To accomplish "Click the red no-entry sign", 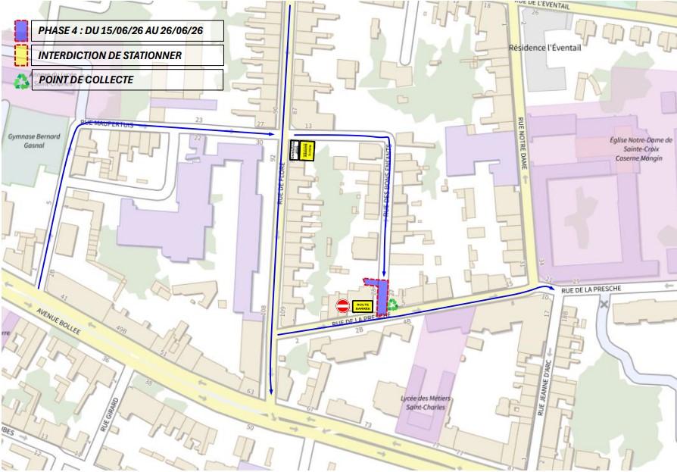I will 343,306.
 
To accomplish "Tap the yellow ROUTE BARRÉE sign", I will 363,306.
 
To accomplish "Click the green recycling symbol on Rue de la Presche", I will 392,305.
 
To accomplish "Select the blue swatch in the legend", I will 22,30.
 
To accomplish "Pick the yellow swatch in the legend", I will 22,55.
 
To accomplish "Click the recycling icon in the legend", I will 22,80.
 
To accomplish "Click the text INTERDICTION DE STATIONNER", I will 110,55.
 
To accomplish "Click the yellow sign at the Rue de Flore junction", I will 307,151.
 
